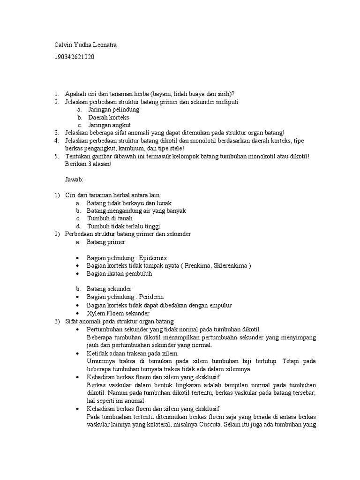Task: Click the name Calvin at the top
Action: pyautogui.click(x=60, y=45)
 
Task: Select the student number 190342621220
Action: pyautogui.click(x=75, y=57)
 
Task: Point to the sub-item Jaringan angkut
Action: pyautogui.click(x=109, y=125)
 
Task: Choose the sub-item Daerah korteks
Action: pyautogui.click(x=108, y=117)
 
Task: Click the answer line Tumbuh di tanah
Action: pyautogui.click(x=110, y=218)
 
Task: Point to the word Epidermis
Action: pyautogui.click(x=151, y=258)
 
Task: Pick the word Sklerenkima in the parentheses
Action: pyautogui.click(x=229, y=266)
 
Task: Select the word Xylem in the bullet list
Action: pyautogui.click(x=95, y=313)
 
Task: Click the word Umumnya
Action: pyautogui.click(x=100, y=361)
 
